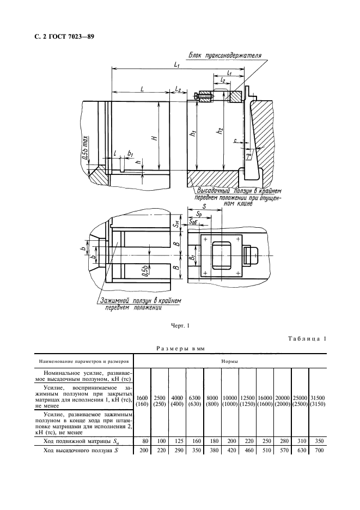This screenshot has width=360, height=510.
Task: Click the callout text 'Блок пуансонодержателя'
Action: [225, 56]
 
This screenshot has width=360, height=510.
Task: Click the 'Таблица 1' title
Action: [307, 340]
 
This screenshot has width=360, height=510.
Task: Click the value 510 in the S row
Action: [265, 451]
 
